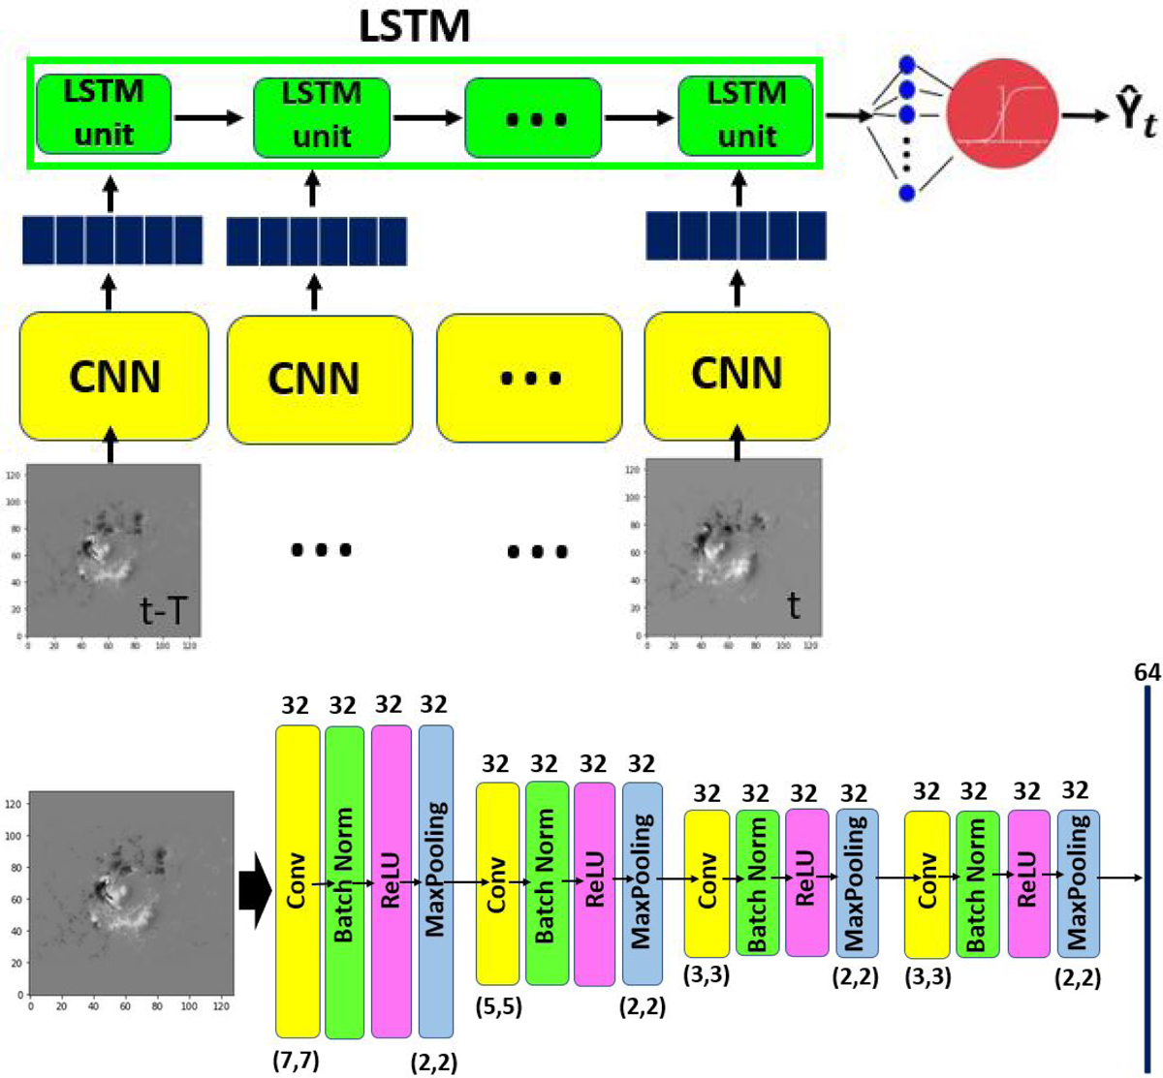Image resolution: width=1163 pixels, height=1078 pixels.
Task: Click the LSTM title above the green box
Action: (x=414, y=26)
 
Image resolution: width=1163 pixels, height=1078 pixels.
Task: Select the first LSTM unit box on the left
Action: (x=104, y=113)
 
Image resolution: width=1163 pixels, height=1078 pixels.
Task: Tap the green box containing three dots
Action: (x=533, y=117)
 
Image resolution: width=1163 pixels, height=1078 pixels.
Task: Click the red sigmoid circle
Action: (x=1002, y=114)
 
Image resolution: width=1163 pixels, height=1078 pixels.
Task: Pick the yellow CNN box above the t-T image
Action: (x=114, y=376)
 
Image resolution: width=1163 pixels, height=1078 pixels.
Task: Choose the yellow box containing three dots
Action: (x=529, y=378)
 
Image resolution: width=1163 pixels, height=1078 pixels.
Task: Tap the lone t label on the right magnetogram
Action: (x=794, y=605)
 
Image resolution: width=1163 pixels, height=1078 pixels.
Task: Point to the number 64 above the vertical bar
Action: (x=1147, y=672)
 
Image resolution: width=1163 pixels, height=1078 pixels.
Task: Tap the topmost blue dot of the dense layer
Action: (x=907, y=65)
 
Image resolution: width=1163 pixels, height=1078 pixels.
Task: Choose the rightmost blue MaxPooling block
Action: (x=1079, y=882)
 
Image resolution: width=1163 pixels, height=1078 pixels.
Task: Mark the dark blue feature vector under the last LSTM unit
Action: (x=736, y=236)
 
